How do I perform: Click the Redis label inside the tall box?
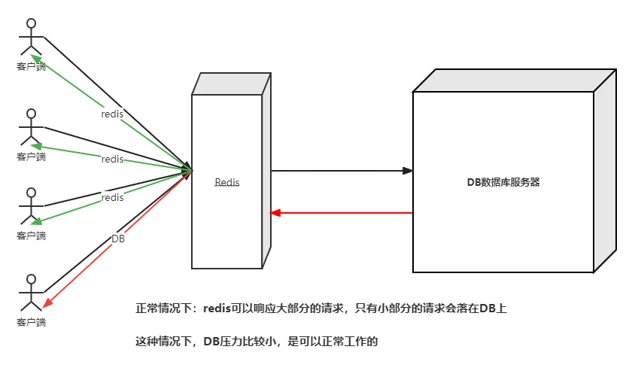coord(227,182)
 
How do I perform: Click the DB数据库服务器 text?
coord(503,182)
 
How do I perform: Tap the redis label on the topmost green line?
coord(111,114)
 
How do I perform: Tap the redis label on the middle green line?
coord(112,159)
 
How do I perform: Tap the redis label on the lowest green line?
coord(112,197)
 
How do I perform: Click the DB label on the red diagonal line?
coord(117,239)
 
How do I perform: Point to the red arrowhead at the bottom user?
coord(47,303)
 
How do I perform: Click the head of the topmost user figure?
coord(31,24)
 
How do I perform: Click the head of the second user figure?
coord(31,114)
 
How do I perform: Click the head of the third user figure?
coord(31,192)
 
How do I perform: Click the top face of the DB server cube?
coord(515,80)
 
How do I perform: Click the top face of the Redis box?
coord(230,84)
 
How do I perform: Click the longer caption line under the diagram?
coord(322,307)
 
